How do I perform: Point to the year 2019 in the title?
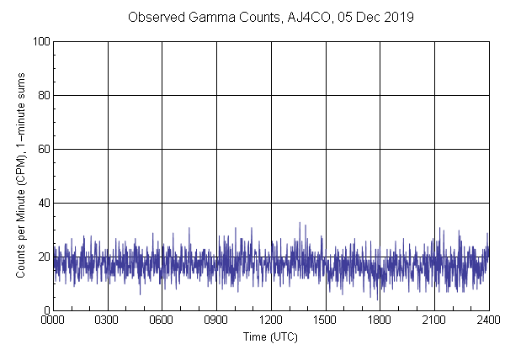396,17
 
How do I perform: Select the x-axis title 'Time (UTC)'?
270,336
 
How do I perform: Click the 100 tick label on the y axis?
40,41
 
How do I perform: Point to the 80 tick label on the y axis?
42,95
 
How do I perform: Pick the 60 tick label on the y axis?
42,149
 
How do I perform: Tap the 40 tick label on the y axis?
42,203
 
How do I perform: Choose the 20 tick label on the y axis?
42,257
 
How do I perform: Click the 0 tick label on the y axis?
45,310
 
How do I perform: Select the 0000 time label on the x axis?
54,320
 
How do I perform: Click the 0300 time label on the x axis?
108,320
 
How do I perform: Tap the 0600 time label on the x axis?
162,320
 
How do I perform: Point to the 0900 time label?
216,320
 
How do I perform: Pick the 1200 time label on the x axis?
271,320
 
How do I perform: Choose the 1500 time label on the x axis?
325,320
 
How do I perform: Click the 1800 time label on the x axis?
380,320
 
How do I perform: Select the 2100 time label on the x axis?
433,320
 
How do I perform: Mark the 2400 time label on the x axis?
486,320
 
